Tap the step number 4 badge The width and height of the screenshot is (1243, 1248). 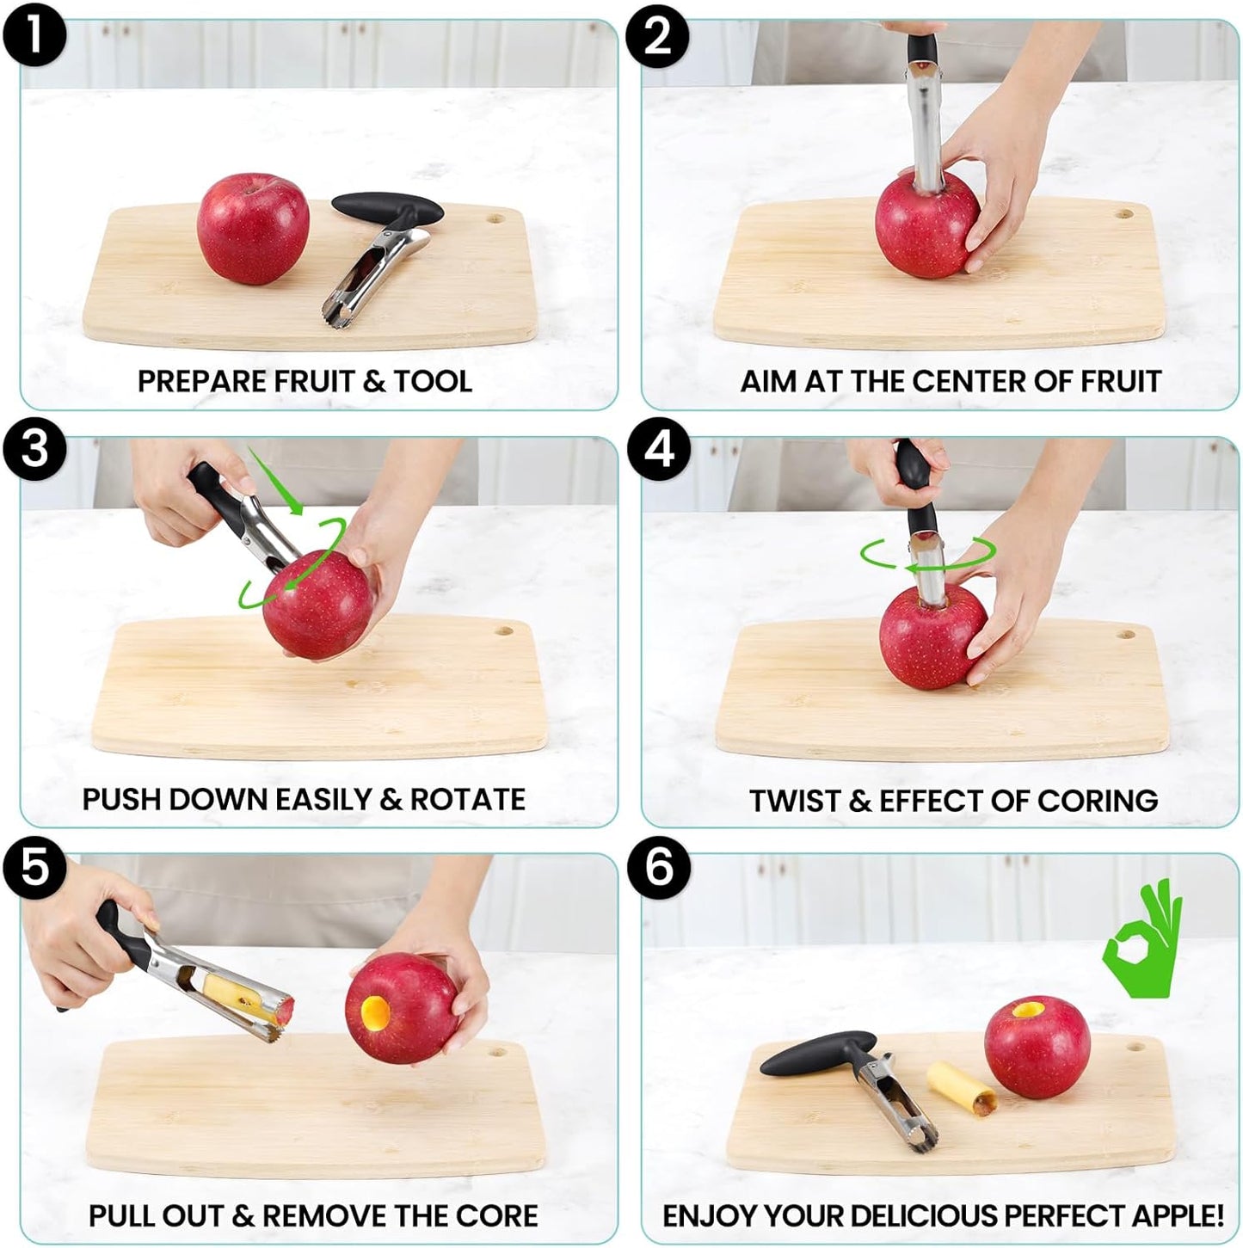pos(658,450)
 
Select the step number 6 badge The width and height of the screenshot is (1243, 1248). pos(658,867)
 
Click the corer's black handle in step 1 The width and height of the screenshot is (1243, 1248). pos(386,206)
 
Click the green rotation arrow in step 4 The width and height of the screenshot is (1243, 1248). pos(927,555)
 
